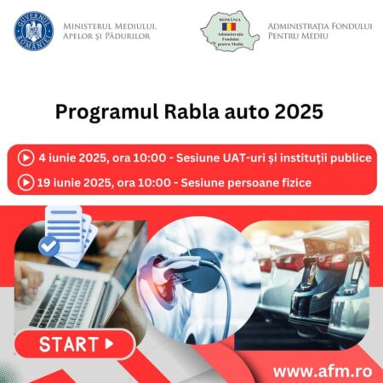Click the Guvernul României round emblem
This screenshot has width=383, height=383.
point(34,31)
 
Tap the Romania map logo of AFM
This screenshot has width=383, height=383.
point(229,31)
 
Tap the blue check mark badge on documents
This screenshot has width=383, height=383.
point(49,247)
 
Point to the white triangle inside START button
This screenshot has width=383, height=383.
point(109,345)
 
